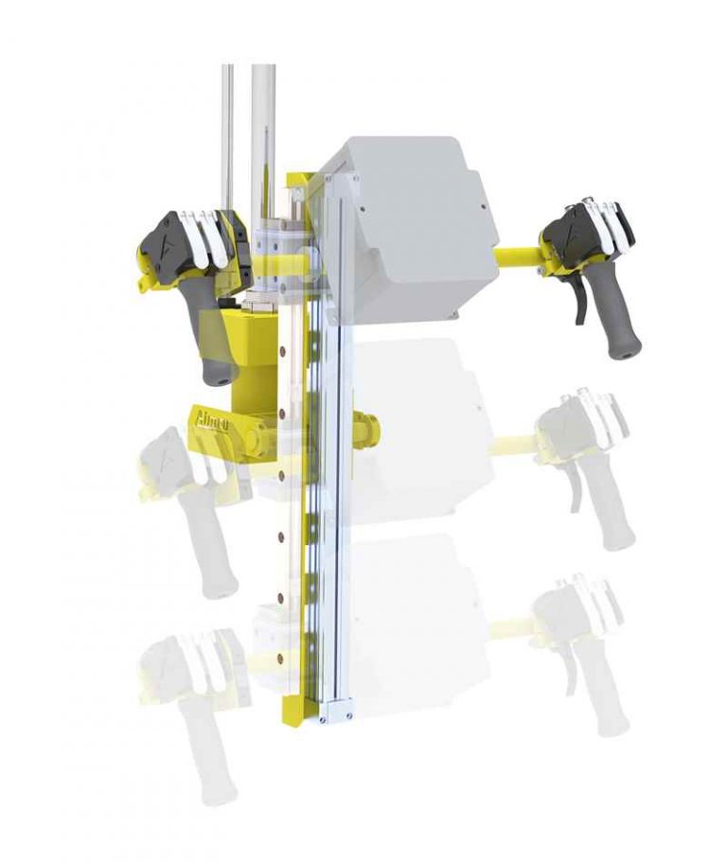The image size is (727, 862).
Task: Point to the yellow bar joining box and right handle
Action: click(518, 255)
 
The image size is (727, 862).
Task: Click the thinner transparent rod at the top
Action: click(227, 132)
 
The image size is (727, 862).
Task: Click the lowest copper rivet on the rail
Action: click(280, 649)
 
